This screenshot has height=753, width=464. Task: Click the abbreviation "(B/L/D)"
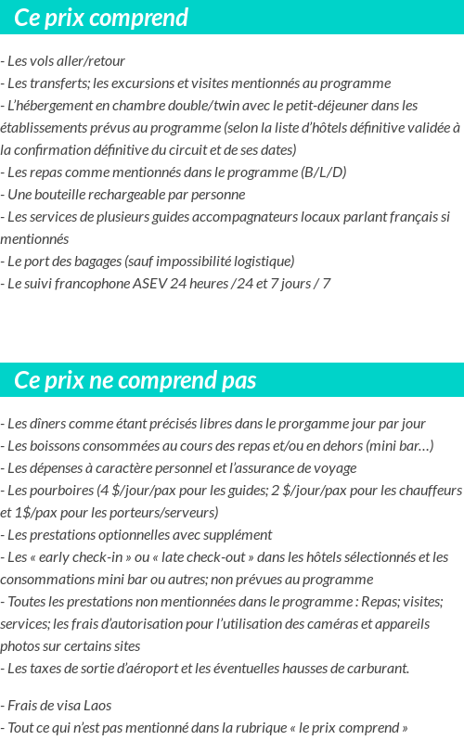[324, 172]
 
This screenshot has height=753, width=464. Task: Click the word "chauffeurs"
[427, 490]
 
